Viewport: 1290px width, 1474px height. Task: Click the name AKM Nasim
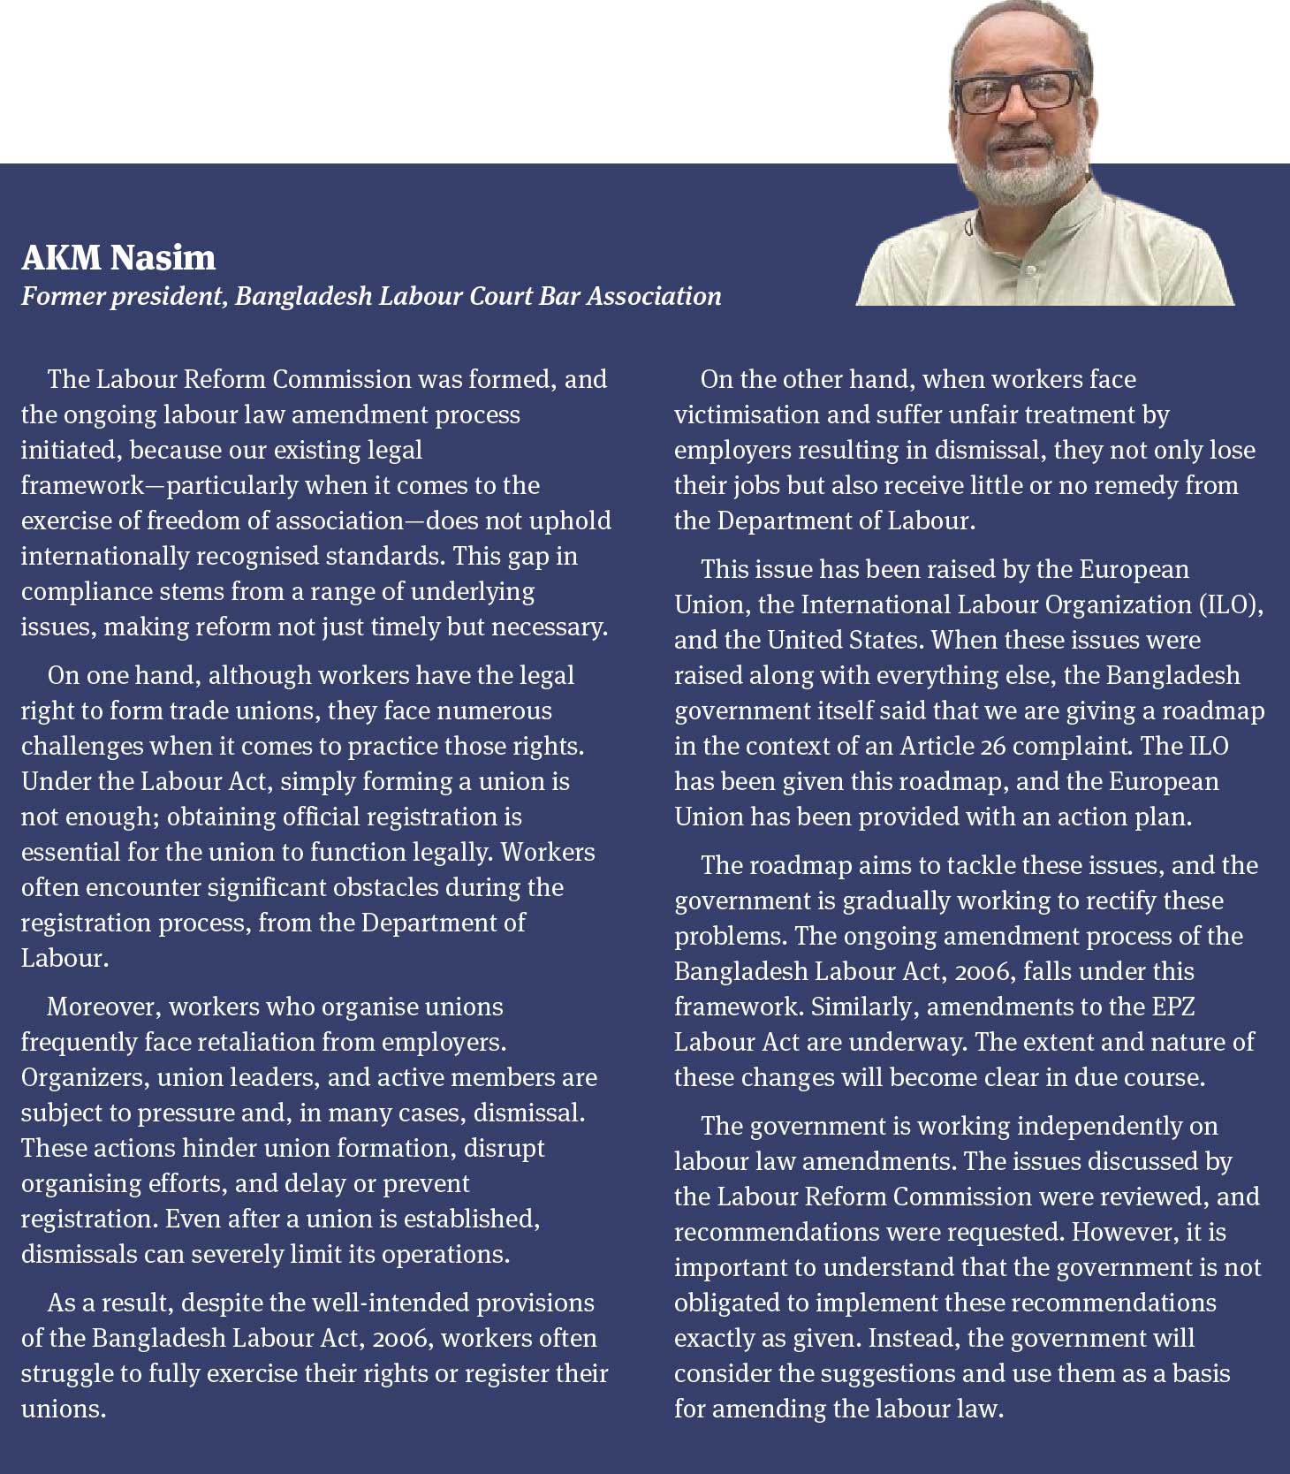pyautogui.click(x=118, y=258)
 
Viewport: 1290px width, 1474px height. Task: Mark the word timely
pyautogui.click(x=436, y=627)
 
